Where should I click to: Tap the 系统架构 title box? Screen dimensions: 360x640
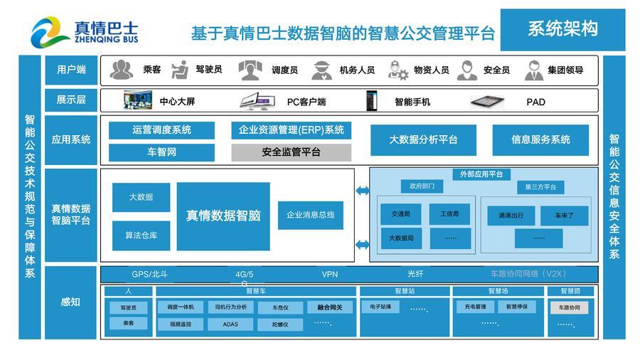pyautogui.click(x=562, y=29)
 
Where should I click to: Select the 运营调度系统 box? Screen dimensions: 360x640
pyautogui.click(x=161, y=130)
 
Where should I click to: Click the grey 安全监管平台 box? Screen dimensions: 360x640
pyautogui.click(x=291, y=152)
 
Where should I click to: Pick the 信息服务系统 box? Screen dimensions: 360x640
pyautogui.click(x=540, y=139)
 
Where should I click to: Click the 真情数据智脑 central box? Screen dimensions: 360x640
pyautogui.click(x=223, y=216)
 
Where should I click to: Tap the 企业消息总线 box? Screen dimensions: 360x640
pyautogui.click(x=310, y=214)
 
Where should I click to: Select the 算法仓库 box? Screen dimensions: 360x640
pyautogui.click(x=141, y=235)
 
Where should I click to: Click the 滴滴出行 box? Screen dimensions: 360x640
pyautogui.click(x=511, y=215)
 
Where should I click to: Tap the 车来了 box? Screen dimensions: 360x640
pyautogui.click(x=564, y=215)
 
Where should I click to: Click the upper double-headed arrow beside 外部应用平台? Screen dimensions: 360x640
pyautogui.click(x=363, y=191)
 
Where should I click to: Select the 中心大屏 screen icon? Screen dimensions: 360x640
pyautogui.click(x=137, y=101)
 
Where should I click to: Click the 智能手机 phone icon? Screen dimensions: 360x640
pyautogui.click(x=370, y=101)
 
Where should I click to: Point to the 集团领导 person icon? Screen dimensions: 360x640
pyautogui.click(x=534, y=70)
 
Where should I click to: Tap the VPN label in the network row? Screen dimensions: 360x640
pyautogui.click(x=329, y=274)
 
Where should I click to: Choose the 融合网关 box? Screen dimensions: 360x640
pyautogui.click(x=329, y=307)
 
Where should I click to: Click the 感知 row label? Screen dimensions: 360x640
pyautogui.click(x=70, y=302)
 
